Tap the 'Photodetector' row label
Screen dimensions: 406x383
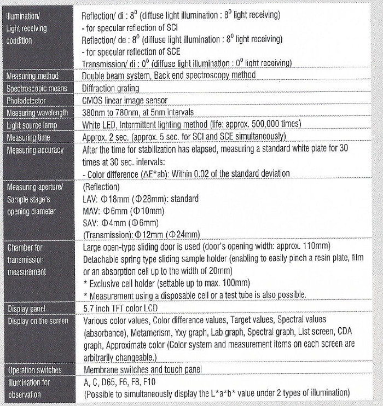[26, 101]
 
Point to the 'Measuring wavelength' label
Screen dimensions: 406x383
[37, 113]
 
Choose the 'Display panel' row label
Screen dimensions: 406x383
[26, 309]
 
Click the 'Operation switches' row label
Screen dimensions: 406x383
[34, 370]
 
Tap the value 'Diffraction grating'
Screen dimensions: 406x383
[110, 88]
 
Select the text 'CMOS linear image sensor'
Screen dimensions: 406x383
[125, 101]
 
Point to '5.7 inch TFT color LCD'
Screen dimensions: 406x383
[124, 309]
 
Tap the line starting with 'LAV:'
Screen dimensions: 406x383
[140, 199]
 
